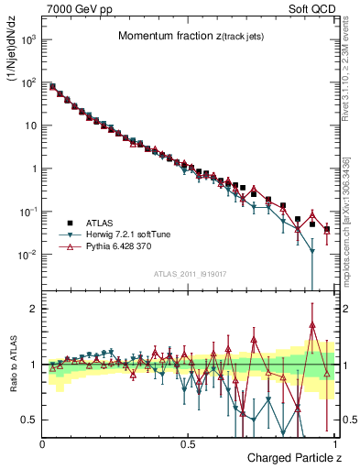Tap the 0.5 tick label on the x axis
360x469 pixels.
coord(188,444)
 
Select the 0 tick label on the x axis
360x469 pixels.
coord(42,444)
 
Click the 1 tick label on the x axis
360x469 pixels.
coord(333,444)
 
